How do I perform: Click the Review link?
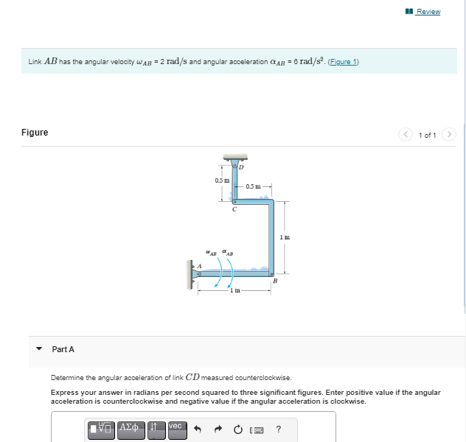(x=428, y=12)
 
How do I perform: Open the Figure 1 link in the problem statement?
(x=344, y=62)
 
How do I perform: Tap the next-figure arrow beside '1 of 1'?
(x=451, y=135)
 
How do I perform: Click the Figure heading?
(x=35, y=133)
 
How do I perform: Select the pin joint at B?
(x=273, y=273)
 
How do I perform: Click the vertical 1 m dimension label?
(x=286, y=236)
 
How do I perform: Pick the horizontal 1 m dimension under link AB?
(x=234, y=291)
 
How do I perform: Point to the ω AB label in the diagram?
(x=211, y=253)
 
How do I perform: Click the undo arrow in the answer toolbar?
(x=198, y=429)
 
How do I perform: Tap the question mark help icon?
(x=278, y=429)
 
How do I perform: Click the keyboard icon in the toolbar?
(x=257, y=429)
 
